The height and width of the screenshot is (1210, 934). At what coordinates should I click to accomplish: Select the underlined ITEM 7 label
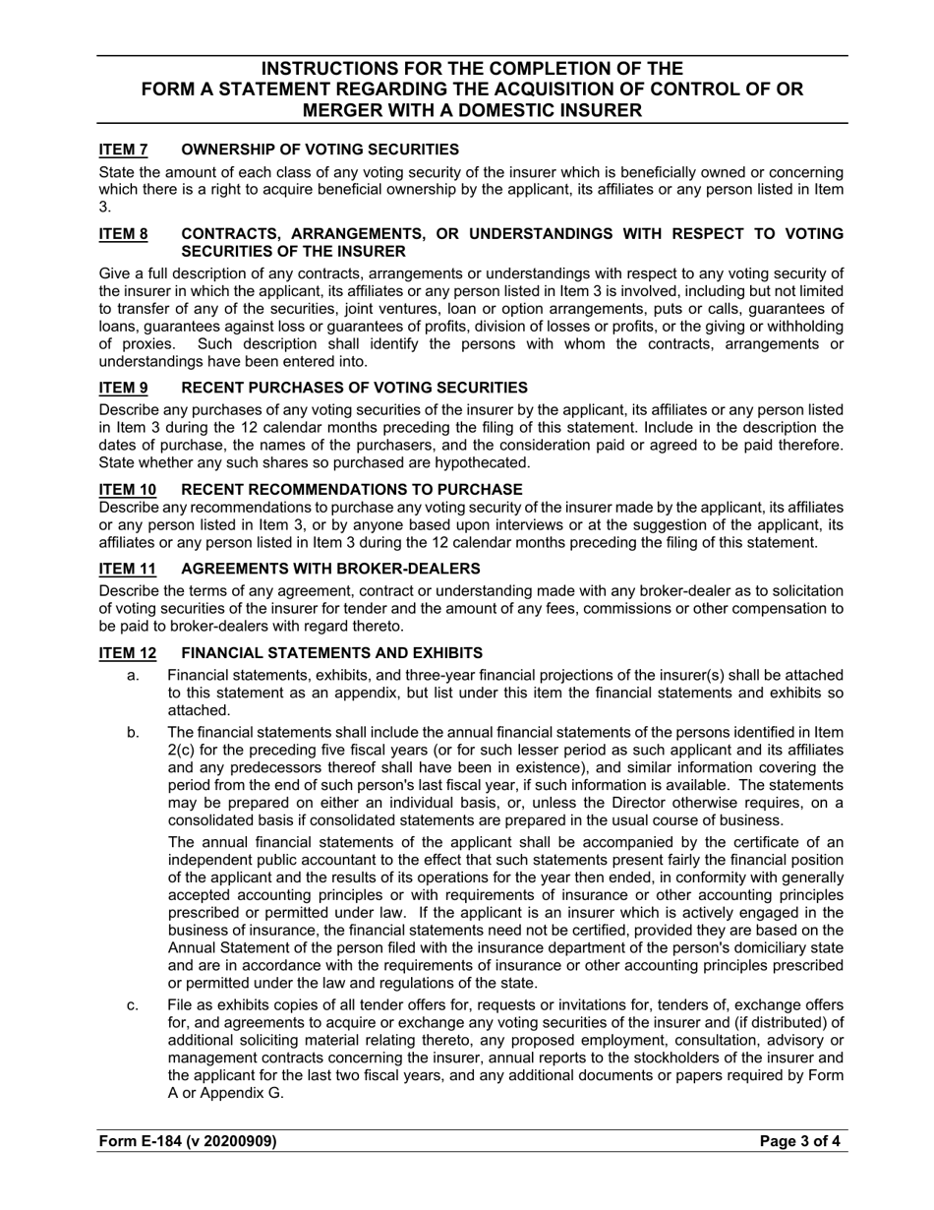[x=123, y=150]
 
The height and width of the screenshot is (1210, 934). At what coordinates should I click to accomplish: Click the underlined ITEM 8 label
[x=123, y=234]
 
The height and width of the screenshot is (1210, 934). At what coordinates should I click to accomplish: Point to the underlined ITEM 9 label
[x=123, y=388]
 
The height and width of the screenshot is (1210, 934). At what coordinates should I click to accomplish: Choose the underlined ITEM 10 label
[x=127, y=489]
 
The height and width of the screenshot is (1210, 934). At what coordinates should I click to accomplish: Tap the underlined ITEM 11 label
[x=127, y=569]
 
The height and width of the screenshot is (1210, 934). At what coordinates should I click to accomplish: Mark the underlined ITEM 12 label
[x=127, y=653]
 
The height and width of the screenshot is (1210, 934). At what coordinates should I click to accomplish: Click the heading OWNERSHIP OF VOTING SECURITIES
[x=320, y=150]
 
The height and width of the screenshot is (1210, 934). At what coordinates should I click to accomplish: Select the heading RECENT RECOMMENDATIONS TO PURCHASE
[x=352, y=489]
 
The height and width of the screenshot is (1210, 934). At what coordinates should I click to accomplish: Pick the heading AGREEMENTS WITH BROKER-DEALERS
[x=330, y=569]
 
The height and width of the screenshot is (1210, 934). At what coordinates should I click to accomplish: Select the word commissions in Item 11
[x=648, y=609]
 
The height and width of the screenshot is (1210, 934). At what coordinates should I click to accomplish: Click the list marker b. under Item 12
[x=133, y=732]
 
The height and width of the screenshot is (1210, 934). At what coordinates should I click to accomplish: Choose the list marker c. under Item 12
[x=133, y=1004]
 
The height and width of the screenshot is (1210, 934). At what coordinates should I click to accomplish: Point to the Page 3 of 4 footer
[x=799, y=1141]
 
